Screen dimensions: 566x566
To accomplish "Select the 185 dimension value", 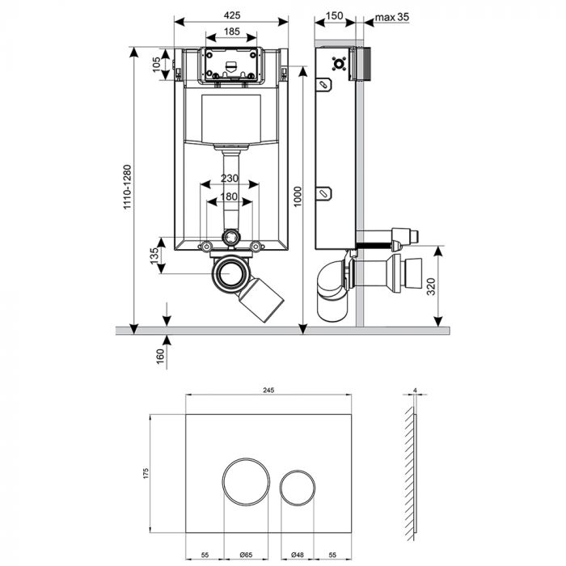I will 231,32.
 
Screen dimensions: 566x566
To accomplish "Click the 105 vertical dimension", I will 157,65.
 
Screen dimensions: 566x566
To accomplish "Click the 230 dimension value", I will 231,179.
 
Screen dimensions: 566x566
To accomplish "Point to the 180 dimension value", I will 231,196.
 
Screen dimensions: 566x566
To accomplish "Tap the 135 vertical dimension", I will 154,256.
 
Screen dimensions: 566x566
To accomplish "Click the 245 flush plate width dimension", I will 268,390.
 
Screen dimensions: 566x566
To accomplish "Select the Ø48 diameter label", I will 298,555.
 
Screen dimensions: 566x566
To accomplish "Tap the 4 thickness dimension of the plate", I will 414,391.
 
